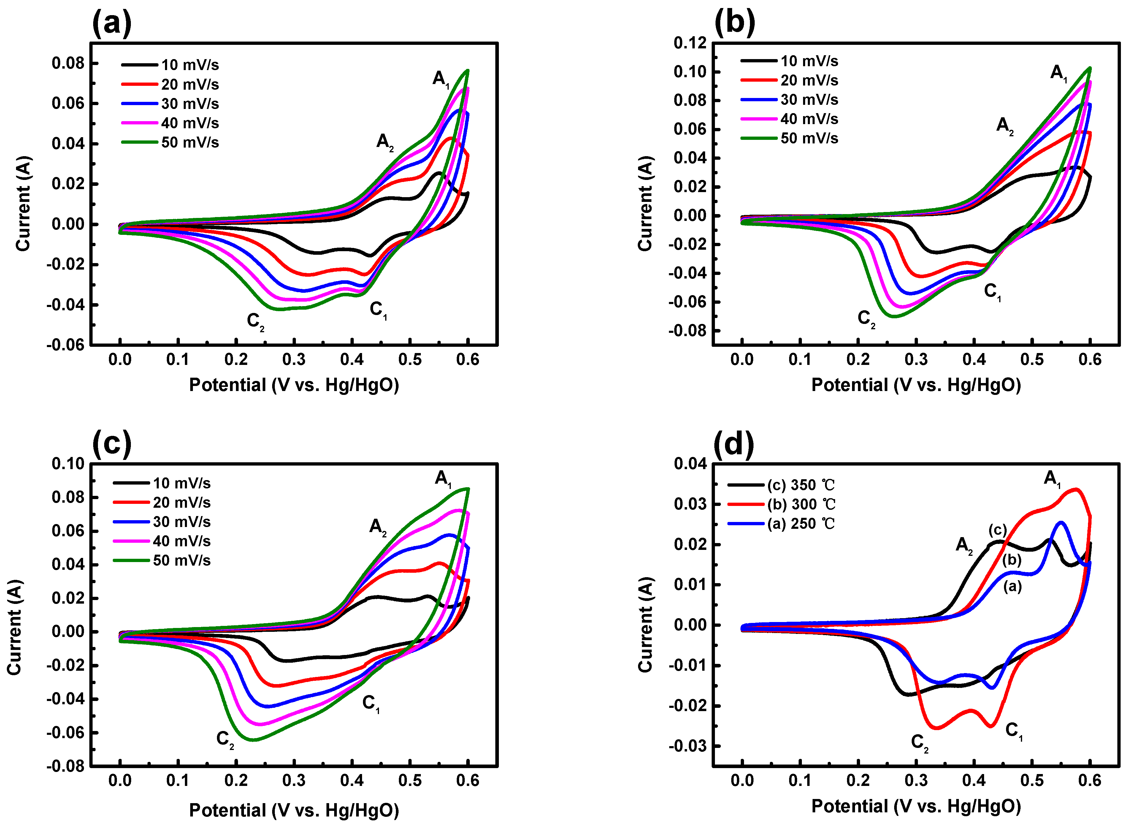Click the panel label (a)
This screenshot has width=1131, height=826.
pos(112,23)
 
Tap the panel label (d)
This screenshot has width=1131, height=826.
pos(734,444)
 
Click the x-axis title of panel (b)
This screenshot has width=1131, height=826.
pos(916,385)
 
